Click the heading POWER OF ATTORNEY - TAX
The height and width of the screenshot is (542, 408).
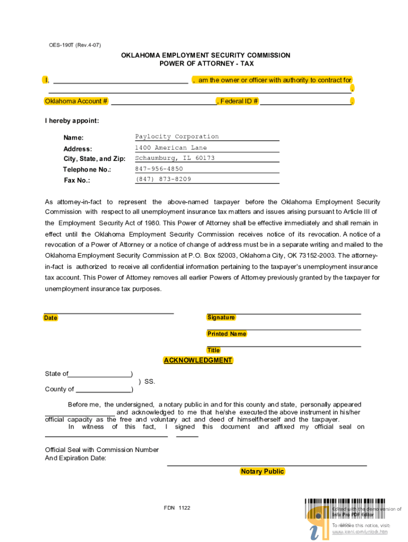[x=206, y=64]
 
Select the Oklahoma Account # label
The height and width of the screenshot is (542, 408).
[x=76, y=101]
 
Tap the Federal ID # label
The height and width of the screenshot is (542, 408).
[x=238, y=101]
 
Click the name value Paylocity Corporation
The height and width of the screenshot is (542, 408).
[x=176, y=137]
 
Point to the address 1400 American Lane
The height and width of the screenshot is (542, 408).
[x=171, y=148]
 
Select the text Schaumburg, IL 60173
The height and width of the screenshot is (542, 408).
[x=175, y=158]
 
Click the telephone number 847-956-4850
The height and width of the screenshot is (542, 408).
[x=159, y=169]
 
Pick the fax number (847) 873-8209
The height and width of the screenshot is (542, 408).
[x=163, y=179]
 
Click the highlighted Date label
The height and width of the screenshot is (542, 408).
[x=51, y=318]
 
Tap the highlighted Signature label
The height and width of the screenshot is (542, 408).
[x=221, y=318]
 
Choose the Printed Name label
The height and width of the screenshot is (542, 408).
[x=226, y=334]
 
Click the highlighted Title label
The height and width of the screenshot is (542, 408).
[x=214, y=350]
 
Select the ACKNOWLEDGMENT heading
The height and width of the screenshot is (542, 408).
[x=198, y=360]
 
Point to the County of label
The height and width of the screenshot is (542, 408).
[x=59, y=390]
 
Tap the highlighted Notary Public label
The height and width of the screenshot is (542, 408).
[x=262, y=472]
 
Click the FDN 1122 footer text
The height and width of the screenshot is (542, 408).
[x=177, y=508]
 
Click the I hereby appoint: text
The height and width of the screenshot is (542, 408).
[x=72, y=121]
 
